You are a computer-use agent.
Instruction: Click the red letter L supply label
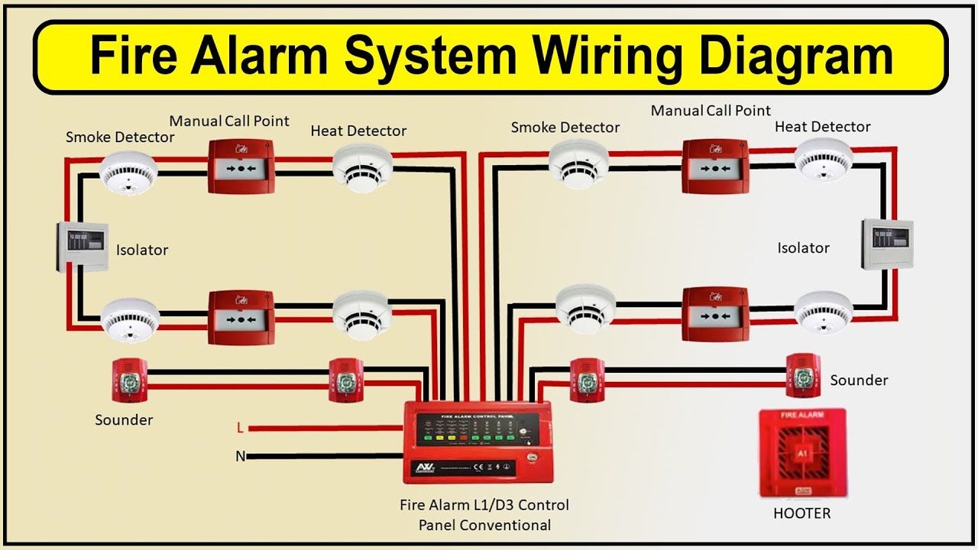(x=240, y=428)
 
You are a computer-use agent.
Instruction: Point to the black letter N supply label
(x=240, y=457)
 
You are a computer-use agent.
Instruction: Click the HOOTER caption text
(x=802, y=513)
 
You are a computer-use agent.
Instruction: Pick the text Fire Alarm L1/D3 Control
(x=484, y=505)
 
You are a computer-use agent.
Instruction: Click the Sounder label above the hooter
(x=859, y=380)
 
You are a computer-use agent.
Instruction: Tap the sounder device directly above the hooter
(x=802, y=375)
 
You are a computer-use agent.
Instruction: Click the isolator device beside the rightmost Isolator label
(x=887, y=244)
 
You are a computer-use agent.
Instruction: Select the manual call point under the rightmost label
(x=715, y=166)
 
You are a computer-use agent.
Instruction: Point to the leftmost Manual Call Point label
(x=229, y=121)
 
